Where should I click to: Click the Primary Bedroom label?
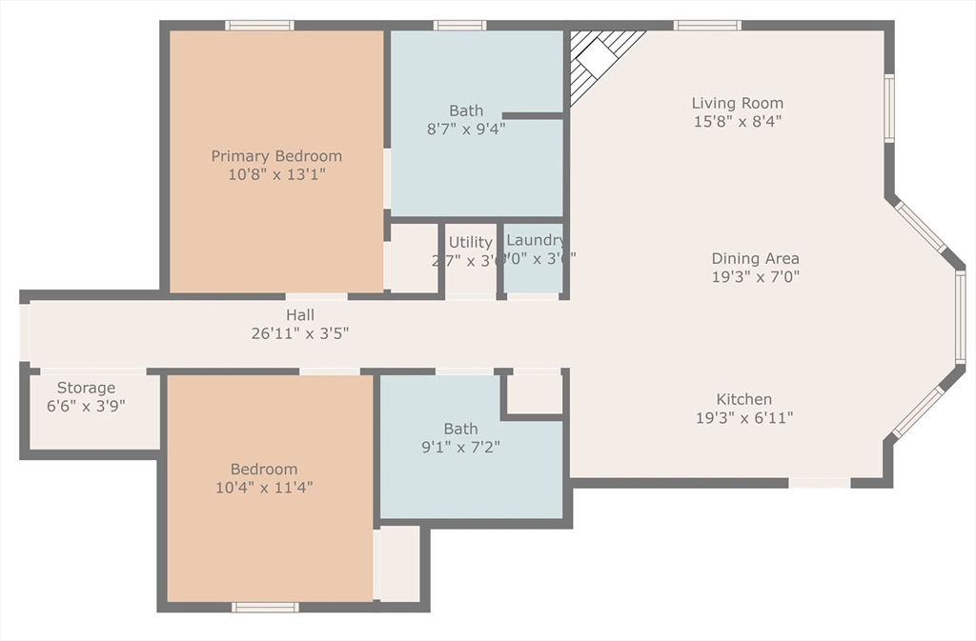(276, 156)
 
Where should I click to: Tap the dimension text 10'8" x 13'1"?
(276, 175)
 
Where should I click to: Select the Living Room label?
(738, 103)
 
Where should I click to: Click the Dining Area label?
(755, 258)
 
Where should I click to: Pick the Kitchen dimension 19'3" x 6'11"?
(744, 417)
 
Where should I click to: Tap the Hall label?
(300, 315)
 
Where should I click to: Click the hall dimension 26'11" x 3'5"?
(300, 333)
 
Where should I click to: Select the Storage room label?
(86, 388)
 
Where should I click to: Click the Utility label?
(470, 242)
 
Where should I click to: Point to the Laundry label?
(535, 240)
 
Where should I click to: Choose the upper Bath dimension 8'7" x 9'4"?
(466, 128)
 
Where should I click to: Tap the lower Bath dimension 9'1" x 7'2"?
(460, 446)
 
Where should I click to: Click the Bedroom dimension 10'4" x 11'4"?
(264, 487)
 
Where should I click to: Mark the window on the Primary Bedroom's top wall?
(259, 25)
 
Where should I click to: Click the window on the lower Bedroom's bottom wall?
(265, 607)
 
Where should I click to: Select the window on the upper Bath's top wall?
(459, 25)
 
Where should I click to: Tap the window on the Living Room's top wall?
(707, 25)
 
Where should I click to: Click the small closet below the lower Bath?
(396, 563)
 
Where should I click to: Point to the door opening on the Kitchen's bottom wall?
(820, 483)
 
